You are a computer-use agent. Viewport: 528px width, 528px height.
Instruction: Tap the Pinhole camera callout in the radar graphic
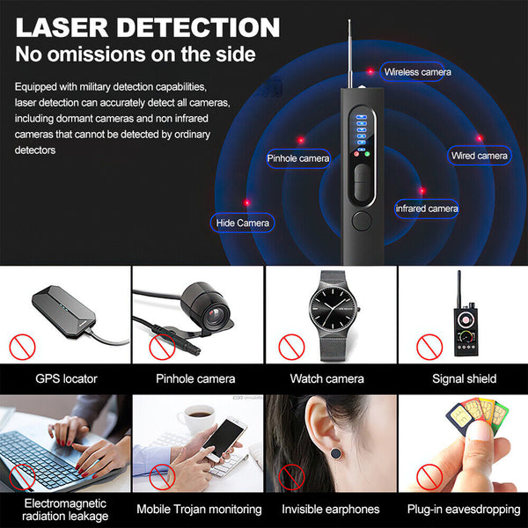pyautogui.click(x=298, y=158)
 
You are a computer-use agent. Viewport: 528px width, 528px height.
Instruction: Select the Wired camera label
pyautogui.click(x=479, y=155)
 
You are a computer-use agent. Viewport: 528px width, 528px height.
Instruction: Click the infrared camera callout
pyautogui.click(x=427, y=209)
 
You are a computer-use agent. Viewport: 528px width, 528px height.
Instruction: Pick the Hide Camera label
pyautogui.click(x=242, y=223)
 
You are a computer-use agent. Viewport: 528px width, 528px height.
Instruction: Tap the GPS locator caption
pyautogui.click(x=66, y=379)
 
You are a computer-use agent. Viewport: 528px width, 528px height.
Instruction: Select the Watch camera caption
pyautogui.click(x=326, y=379)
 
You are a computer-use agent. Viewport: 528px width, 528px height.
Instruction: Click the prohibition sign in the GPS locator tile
pyautogui.click(x=23, y=347)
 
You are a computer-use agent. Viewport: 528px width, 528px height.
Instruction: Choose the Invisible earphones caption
pyautogui.click(x=330, y=509)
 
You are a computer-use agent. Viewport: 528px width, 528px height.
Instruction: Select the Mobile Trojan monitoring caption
pyautogui.click(x=199, y=509)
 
